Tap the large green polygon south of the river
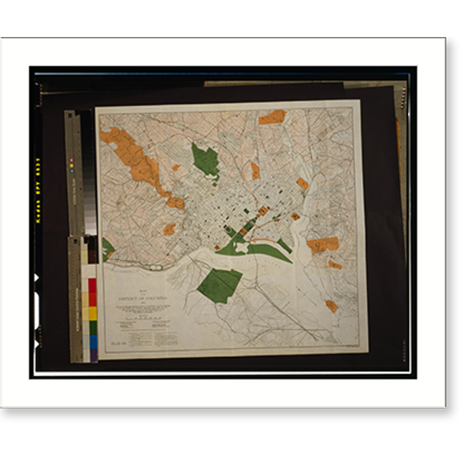tap(220, 284)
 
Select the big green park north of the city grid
tap(204, 160)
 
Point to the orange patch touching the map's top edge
tap(272, 117)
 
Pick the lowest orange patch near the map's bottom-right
tap(331, 306)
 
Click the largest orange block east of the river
tap(323, 244)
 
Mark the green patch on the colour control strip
tap(93, 329)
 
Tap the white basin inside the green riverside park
tap(242, 246)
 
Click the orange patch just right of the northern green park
tap(255, 170)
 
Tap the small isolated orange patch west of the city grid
tap(169, 229)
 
